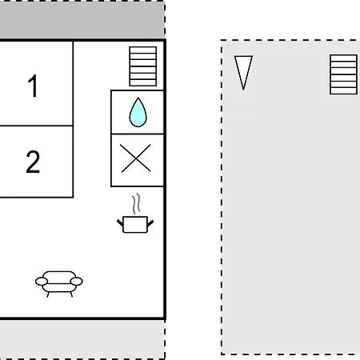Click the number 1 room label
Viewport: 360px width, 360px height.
[x=33, y=86]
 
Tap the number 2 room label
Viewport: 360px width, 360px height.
[x=33, y=162]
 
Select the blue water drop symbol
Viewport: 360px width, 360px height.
[x=138, y=112]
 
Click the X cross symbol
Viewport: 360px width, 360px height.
[x=136, y=158]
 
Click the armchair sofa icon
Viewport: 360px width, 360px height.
[x=59, y=284]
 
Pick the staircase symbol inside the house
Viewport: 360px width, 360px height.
[x=143, y=66]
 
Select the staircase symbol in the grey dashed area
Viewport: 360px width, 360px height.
[x=343, y=74]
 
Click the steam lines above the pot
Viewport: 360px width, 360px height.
[x=136, y=204]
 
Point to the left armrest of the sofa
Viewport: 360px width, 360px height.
[x=42, y=282]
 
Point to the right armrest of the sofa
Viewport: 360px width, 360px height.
[x=77, y=282]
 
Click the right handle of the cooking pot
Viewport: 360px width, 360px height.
[x=150, y=223]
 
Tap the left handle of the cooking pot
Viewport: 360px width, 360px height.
[x=120, y=223]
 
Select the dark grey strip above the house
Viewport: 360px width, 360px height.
[x=82, y=19]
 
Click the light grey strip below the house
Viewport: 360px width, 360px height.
[x=82, y=339]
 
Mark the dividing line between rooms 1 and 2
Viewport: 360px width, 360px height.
[x=37, y=126]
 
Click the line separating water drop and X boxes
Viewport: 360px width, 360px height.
[x=138, y=134]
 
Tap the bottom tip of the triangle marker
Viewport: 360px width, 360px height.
[x=243, y=90]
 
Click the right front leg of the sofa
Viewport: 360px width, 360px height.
[x=71, y=294]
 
